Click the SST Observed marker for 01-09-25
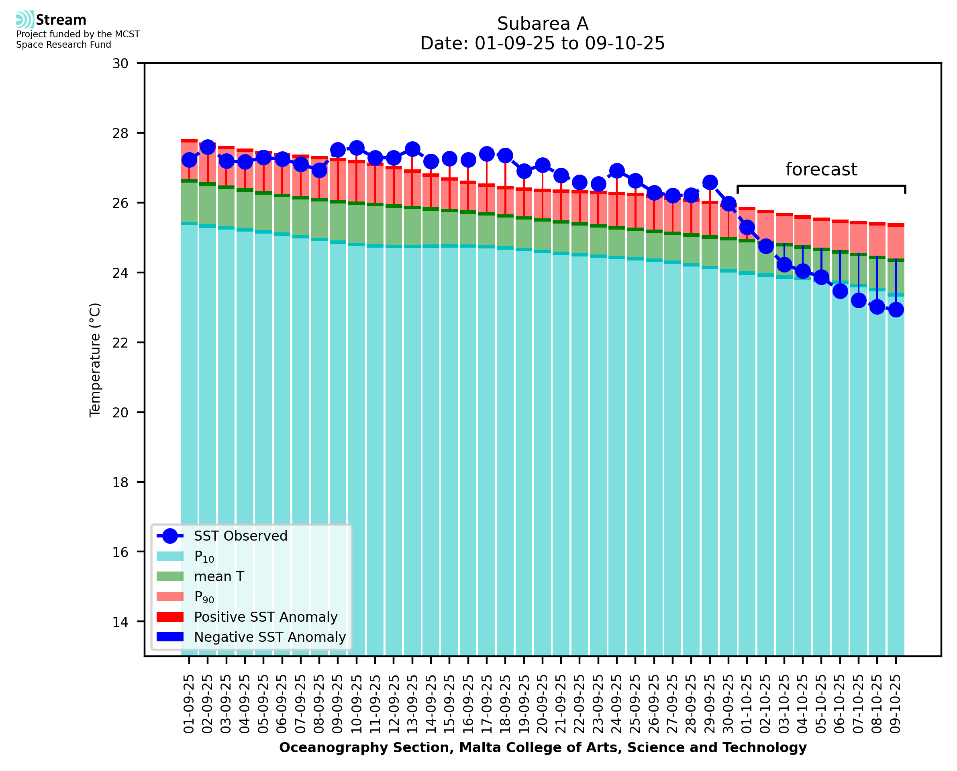189,160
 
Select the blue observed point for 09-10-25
896,309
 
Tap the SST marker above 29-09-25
710,183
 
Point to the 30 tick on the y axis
120,63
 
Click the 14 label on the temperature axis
120,622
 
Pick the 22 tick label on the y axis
120,343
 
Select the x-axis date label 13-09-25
412,704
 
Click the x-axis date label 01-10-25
747,704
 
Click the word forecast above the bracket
821,169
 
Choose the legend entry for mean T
219,576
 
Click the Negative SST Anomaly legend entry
270,637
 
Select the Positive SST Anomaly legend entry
266,617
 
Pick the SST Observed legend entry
241,536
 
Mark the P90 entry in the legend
204,597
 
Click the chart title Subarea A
543,24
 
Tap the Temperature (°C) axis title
95,360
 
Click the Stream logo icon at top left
25,20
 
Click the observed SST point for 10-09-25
356,148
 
